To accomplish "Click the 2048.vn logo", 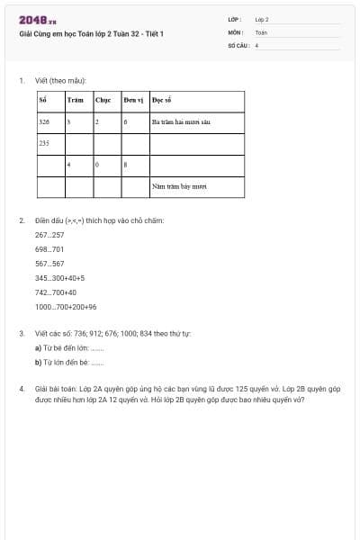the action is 38,20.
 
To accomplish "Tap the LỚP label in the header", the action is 234,19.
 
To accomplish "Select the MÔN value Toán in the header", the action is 261,31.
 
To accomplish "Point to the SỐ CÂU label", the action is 238,44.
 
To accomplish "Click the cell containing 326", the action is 44,121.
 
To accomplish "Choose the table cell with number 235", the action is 44,142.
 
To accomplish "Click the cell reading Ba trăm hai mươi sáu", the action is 181,121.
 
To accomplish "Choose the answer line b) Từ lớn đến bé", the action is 69,363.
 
